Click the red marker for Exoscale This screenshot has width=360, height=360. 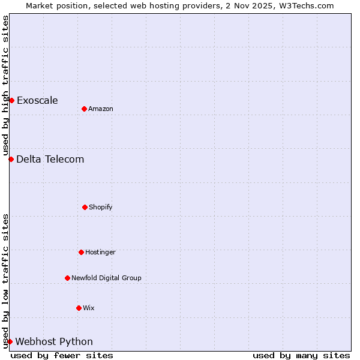click(11, 100)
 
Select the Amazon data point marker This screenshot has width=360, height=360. click(84, 109)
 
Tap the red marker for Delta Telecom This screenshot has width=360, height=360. click(11, 159)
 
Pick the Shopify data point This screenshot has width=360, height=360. click(85, 207)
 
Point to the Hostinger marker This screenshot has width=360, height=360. click(81, 252)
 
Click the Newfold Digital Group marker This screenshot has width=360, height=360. click(67, 278)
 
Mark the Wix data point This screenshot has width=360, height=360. click(79, 308)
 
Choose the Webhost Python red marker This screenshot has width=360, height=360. click(10, 341)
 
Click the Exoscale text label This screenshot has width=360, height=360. click(37, 100)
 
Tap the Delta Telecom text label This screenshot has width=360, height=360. click(50, 159)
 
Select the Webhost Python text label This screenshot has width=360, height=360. click(54, 341)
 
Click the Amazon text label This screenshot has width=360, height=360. click(101, 109)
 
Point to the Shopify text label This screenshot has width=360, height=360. click(101, 207)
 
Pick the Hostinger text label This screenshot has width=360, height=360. click(100, 252)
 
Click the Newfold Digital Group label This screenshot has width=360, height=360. click(106, 278)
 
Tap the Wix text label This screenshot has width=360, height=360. click(89, 308)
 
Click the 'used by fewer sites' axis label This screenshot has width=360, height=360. click(62, 355)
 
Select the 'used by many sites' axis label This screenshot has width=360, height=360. click(301, 355)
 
